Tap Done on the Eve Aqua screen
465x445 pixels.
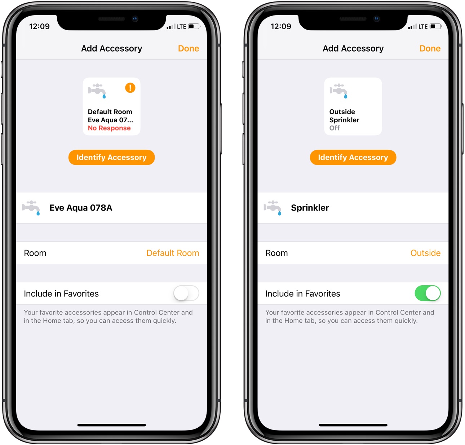[x=188, y=49]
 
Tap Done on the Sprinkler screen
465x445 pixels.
[x=430, y=49]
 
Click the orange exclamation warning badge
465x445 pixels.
[x=130, y=88]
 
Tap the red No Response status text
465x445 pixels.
[x=109, y=128]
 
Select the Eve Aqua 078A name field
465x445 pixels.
[x=81, y=208]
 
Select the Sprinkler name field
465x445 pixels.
[x=310, y=208]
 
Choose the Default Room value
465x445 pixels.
[x=173, y=253]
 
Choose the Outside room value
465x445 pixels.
[x=425, y=253]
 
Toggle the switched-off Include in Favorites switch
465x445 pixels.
[x=186, y=293]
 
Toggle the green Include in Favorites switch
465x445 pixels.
[x=428, y=293]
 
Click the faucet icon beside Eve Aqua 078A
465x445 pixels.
[x=31, y=208]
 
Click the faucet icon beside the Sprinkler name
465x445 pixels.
[x=273, y=208]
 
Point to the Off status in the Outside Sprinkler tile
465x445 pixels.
[x=334, y=128]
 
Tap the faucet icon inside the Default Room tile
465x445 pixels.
[x=97, y=91]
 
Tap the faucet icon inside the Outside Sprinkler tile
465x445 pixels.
[x=338, y=91]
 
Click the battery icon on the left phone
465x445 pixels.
[x=194, y=26]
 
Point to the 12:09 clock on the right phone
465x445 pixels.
[x=281, y=26]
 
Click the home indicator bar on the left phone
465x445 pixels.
[x=112, y=425]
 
